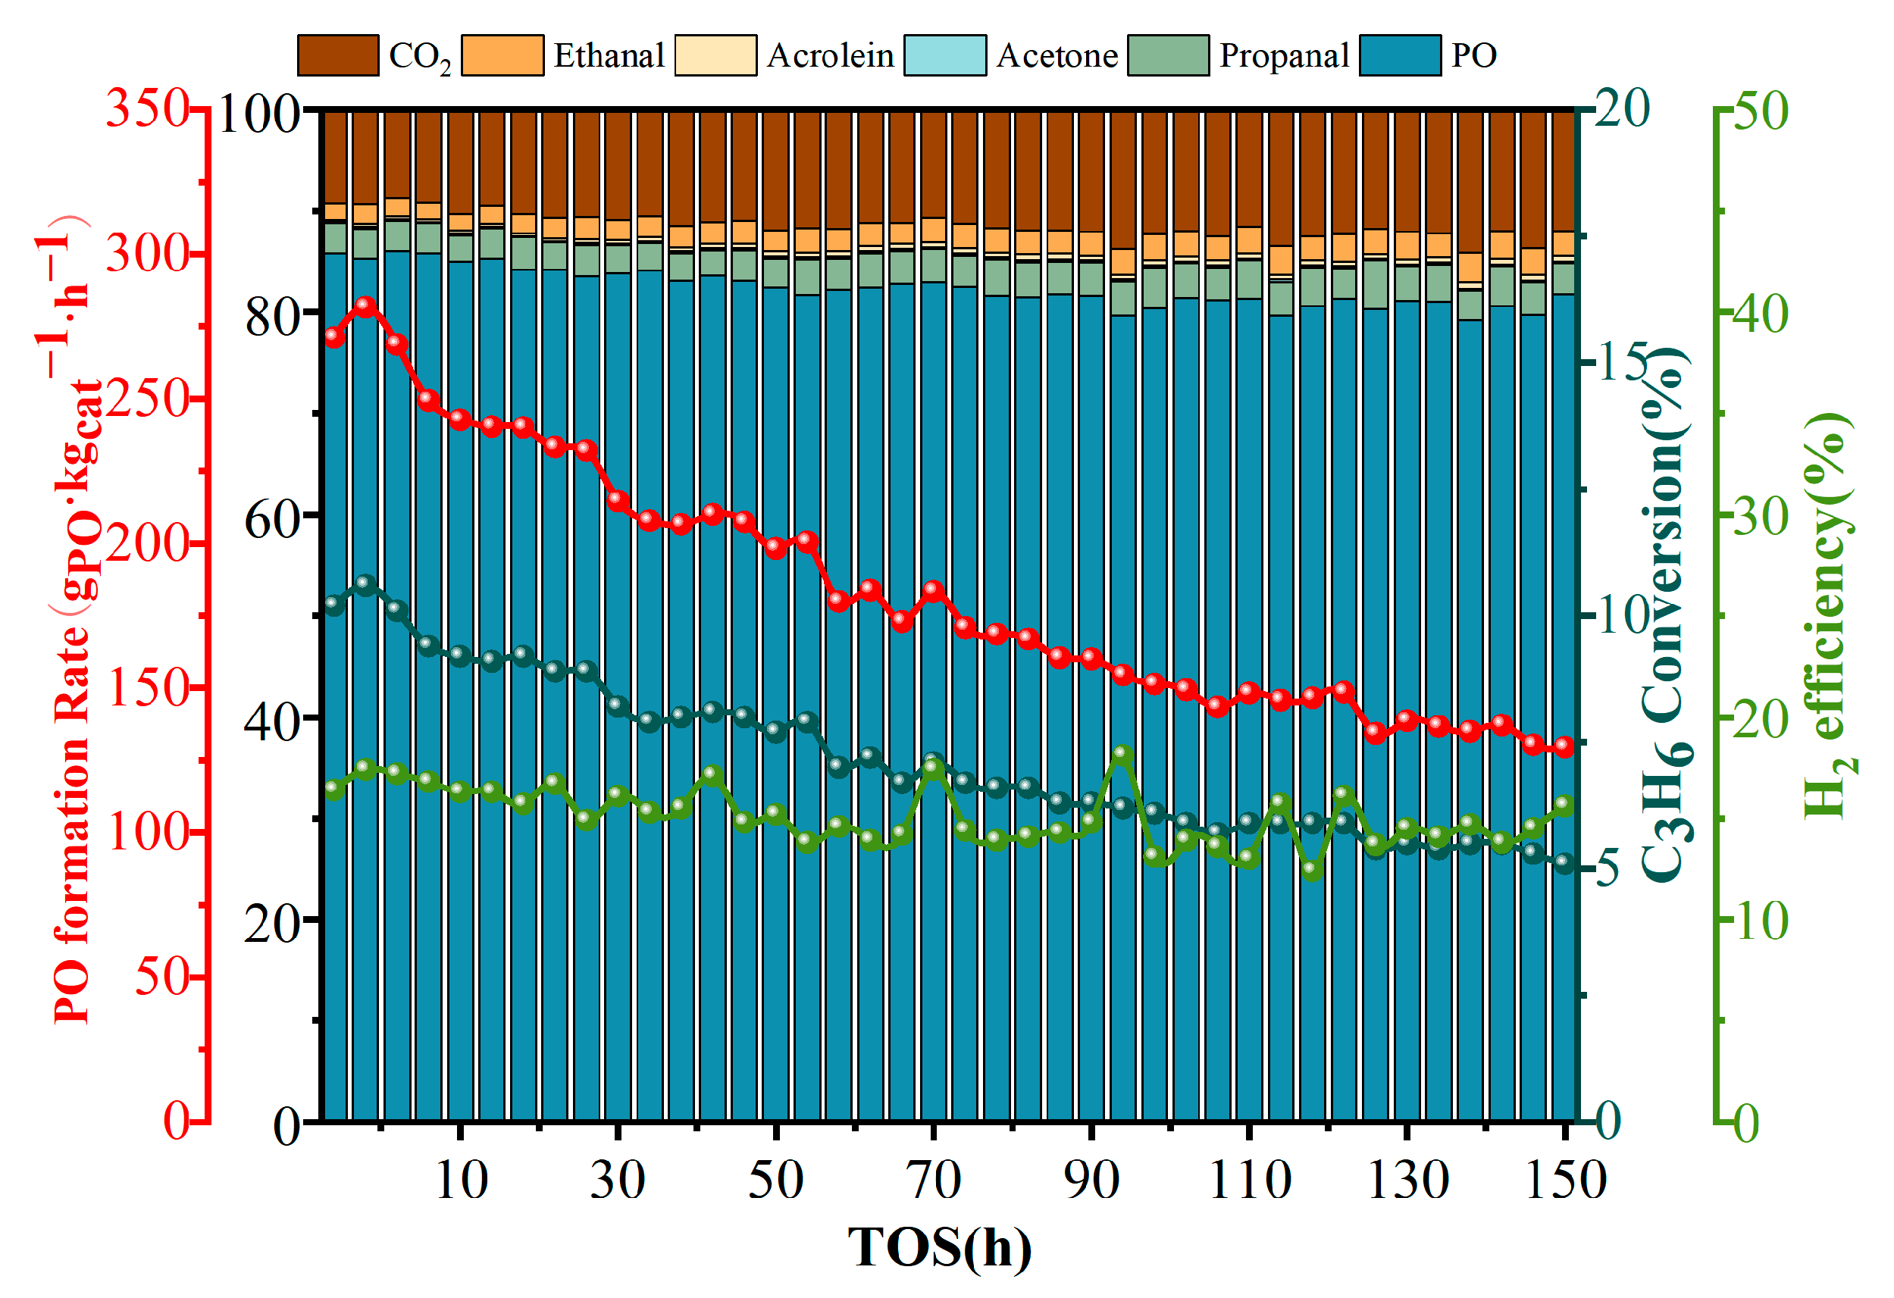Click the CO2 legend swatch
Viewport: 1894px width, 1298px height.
[x=338, y=55]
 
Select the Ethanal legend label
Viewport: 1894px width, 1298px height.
[x=609, y=55]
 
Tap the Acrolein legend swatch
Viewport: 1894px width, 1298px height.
[x=715, y=55]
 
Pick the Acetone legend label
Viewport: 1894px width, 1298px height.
[x=1057, y=55]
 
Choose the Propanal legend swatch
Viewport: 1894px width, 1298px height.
[x=1168, y=55]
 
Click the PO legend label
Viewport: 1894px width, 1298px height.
[x=1473, y=55]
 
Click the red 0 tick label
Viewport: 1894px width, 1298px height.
[x=177, y=1121]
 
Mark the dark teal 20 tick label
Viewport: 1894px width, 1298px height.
[x=1622, y=108]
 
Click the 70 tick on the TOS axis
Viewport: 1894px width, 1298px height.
[x=933, y=1179]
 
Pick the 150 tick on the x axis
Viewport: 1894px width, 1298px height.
[x=1565, y=1179]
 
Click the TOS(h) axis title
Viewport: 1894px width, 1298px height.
[x=940, y=1247]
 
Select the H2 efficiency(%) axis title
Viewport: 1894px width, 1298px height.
[x=1828, y=615]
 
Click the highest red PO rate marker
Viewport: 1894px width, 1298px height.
[x=366, y=306]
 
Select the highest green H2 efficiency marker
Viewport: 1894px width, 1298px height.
[x=1123, y=755]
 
